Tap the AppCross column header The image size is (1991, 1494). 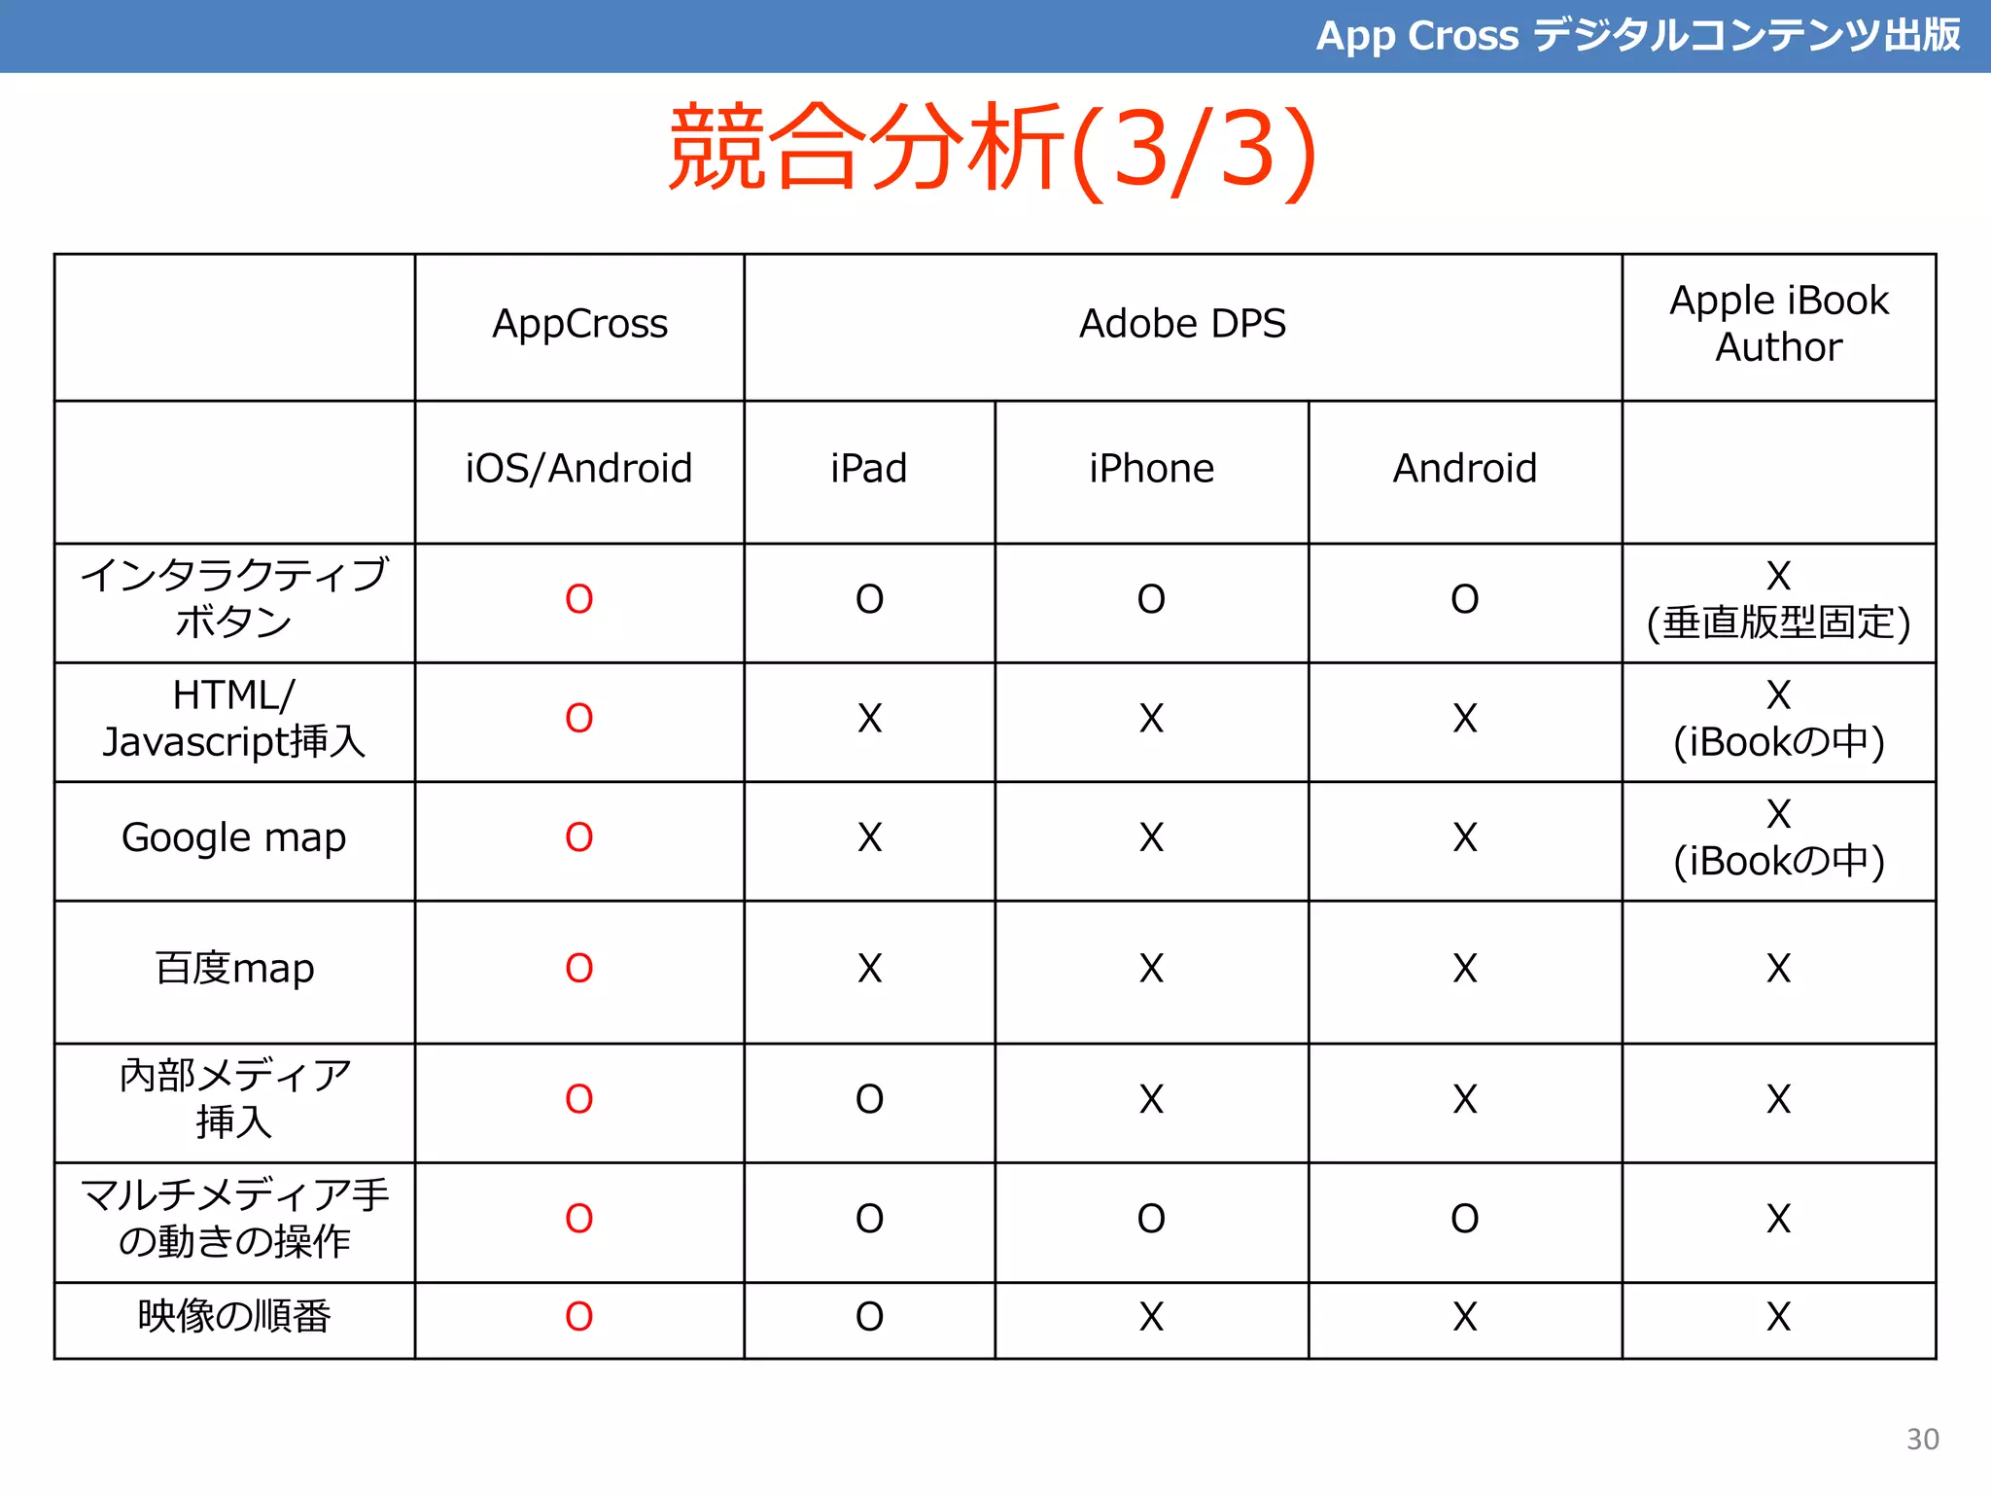[579, 324]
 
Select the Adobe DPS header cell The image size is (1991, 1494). [1182, 324]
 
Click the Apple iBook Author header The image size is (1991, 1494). [1778, 324]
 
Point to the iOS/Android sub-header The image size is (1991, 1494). [579, 469]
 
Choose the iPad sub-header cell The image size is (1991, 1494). [869, 469]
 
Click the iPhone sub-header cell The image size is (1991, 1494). [1151, 469]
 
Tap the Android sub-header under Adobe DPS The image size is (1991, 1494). [1465, 469]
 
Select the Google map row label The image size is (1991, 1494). [234, 838]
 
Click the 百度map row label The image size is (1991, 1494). [234, 969]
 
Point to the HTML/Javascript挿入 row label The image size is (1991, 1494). [234, 719]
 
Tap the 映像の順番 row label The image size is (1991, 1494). [234, 1317]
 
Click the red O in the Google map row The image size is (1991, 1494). [579, 837]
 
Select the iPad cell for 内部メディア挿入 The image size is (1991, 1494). [869, 1100]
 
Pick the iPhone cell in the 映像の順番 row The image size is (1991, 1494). [1151, 1317]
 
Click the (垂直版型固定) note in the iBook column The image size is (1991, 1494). [1778, 623]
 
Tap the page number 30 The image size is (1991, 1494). [1922, 1439]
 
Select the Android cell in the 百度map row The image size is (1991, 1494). [1465, 969]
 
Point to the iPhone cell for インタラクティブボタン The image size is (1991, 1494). [1151, 599]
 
